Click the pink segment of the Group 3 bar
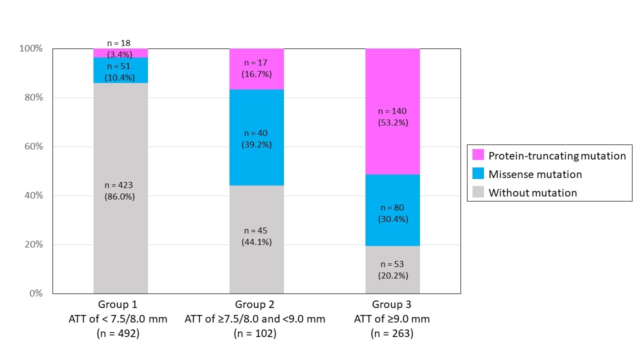392,90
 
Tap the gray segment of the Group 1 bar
120,240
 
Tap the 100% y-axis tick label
31,48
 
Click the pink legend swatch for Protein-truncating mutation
478,155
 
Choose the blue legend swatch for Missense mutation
478,173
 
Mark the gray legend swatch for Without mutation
478,192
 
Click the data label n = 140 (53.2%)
392,116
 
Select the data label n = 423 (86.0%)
119,190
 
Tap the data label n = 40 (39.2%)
256,138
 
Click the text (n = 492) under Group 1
118,333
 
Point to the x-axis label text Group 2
254,304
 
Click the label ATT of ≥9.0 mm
392,319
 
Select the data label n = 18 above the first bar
119,43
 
